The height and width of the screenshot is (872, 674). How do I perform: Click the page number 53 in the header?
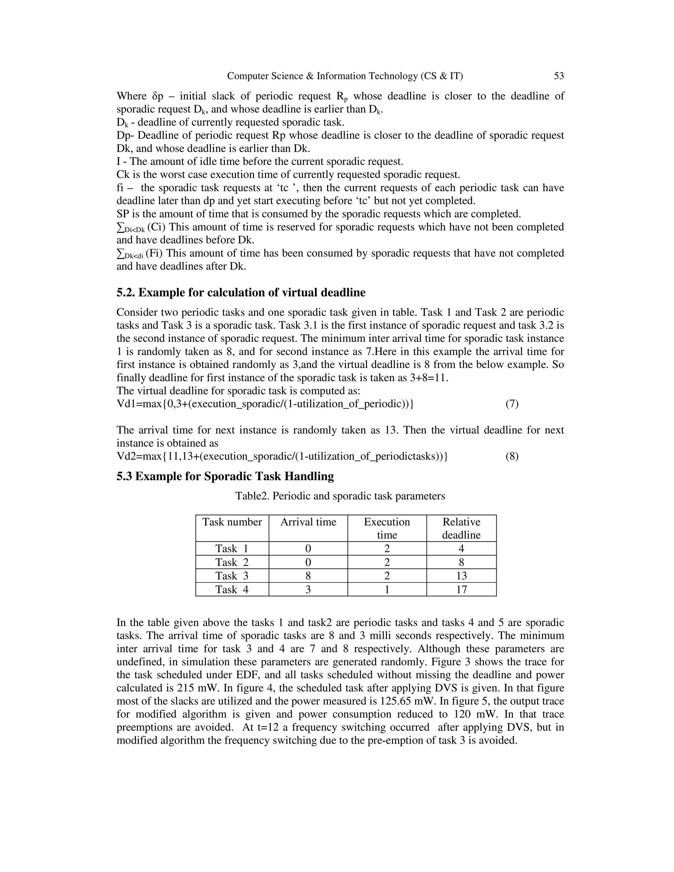558,76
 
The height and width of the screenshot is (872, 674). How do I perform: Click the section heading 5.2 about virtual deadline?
241,293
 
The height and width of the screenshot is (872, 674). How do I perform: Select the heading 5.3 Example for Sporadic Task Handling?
225,476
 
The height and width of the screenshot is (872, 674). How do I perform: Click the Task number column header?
232,522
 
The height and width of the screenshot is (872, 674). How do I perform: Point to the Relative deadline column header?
461,528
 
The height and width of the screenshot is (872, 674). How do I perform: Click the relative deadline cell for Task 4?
461,589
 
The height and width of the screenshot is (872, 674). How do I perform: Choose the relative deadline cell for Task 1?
461,549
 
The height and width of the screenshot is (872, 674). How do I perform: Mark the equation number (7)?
512,404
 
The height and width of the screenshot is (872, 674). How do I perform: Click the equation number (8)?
512,456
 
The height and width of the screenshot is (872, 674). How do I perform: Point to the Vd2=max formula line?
282,456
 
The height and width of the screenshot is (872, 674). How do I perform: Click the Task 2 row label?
232,562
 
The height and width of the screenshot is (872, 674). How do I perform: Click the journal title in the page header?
345,76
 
